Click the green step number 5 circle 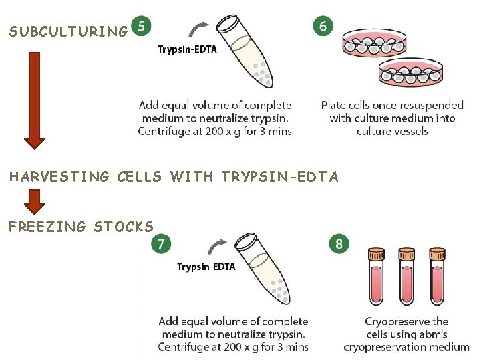click(141, 27)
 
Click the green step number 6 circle click(323, 26)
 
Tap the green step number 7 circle click(160, 244)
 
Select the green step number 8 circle click(339, 244)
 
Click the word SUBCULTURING click(68, 31)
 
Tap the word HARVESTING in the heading click(59, 177)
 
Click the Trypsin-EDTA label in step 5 click(187, 49)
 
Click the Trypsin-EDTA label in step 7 click(206, 267)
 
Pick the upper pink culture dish click(374, 45)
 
